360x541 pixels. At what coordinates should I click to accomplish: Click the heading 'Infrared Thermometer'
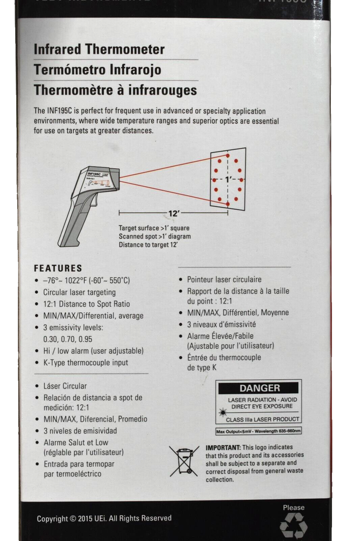click(x=99, y=50)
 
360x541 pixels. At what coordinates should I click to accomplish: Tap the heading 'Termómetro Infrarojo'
click(x=97, y=70)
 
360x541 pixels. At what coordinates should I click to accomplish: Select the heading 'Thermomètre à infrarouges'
click(x=115, y=90)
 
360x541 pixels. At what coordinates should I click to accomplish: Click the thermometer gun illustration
click(x=86, y=200)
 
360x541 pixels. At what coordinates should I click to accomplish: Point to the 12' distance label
click(x=174, y=214)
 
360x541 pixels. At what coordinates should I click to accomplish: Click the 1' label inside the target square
click(x=228, y=179)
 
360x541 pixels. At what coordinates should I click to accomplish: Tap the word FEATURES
click(x=58, y=268)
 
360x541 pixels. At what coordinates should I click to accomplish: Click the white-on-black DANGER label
click(x=259, y=388)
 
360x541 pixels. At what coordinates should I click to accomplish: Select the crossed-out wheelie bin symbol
click(x=184, y=461)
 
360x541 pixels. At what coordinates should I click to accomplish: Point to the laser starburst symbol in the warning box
click(x=222, y=412)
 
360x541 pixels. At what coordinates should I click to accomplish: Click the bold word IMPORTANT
click(x=223, y=447)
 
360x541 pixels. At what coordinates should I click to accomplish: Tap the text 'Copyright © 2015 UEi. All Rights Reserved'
click(x=104, y=518)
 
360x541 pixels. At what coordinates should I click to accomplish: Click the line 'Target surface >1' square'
click(x=154, y=228)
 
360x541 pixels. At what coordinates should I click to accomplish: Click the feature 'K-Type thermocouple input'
click(x=85, y=362)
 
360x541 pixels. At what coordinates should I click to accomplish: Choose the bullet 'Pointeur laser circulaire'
click(x=224, y=280)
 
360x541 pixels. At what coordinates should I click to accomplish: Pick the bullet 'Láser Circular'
click(x=65, y=386)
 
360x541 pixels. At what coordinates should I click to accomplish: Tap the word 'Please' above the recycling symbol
click(x=294, y=507)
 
